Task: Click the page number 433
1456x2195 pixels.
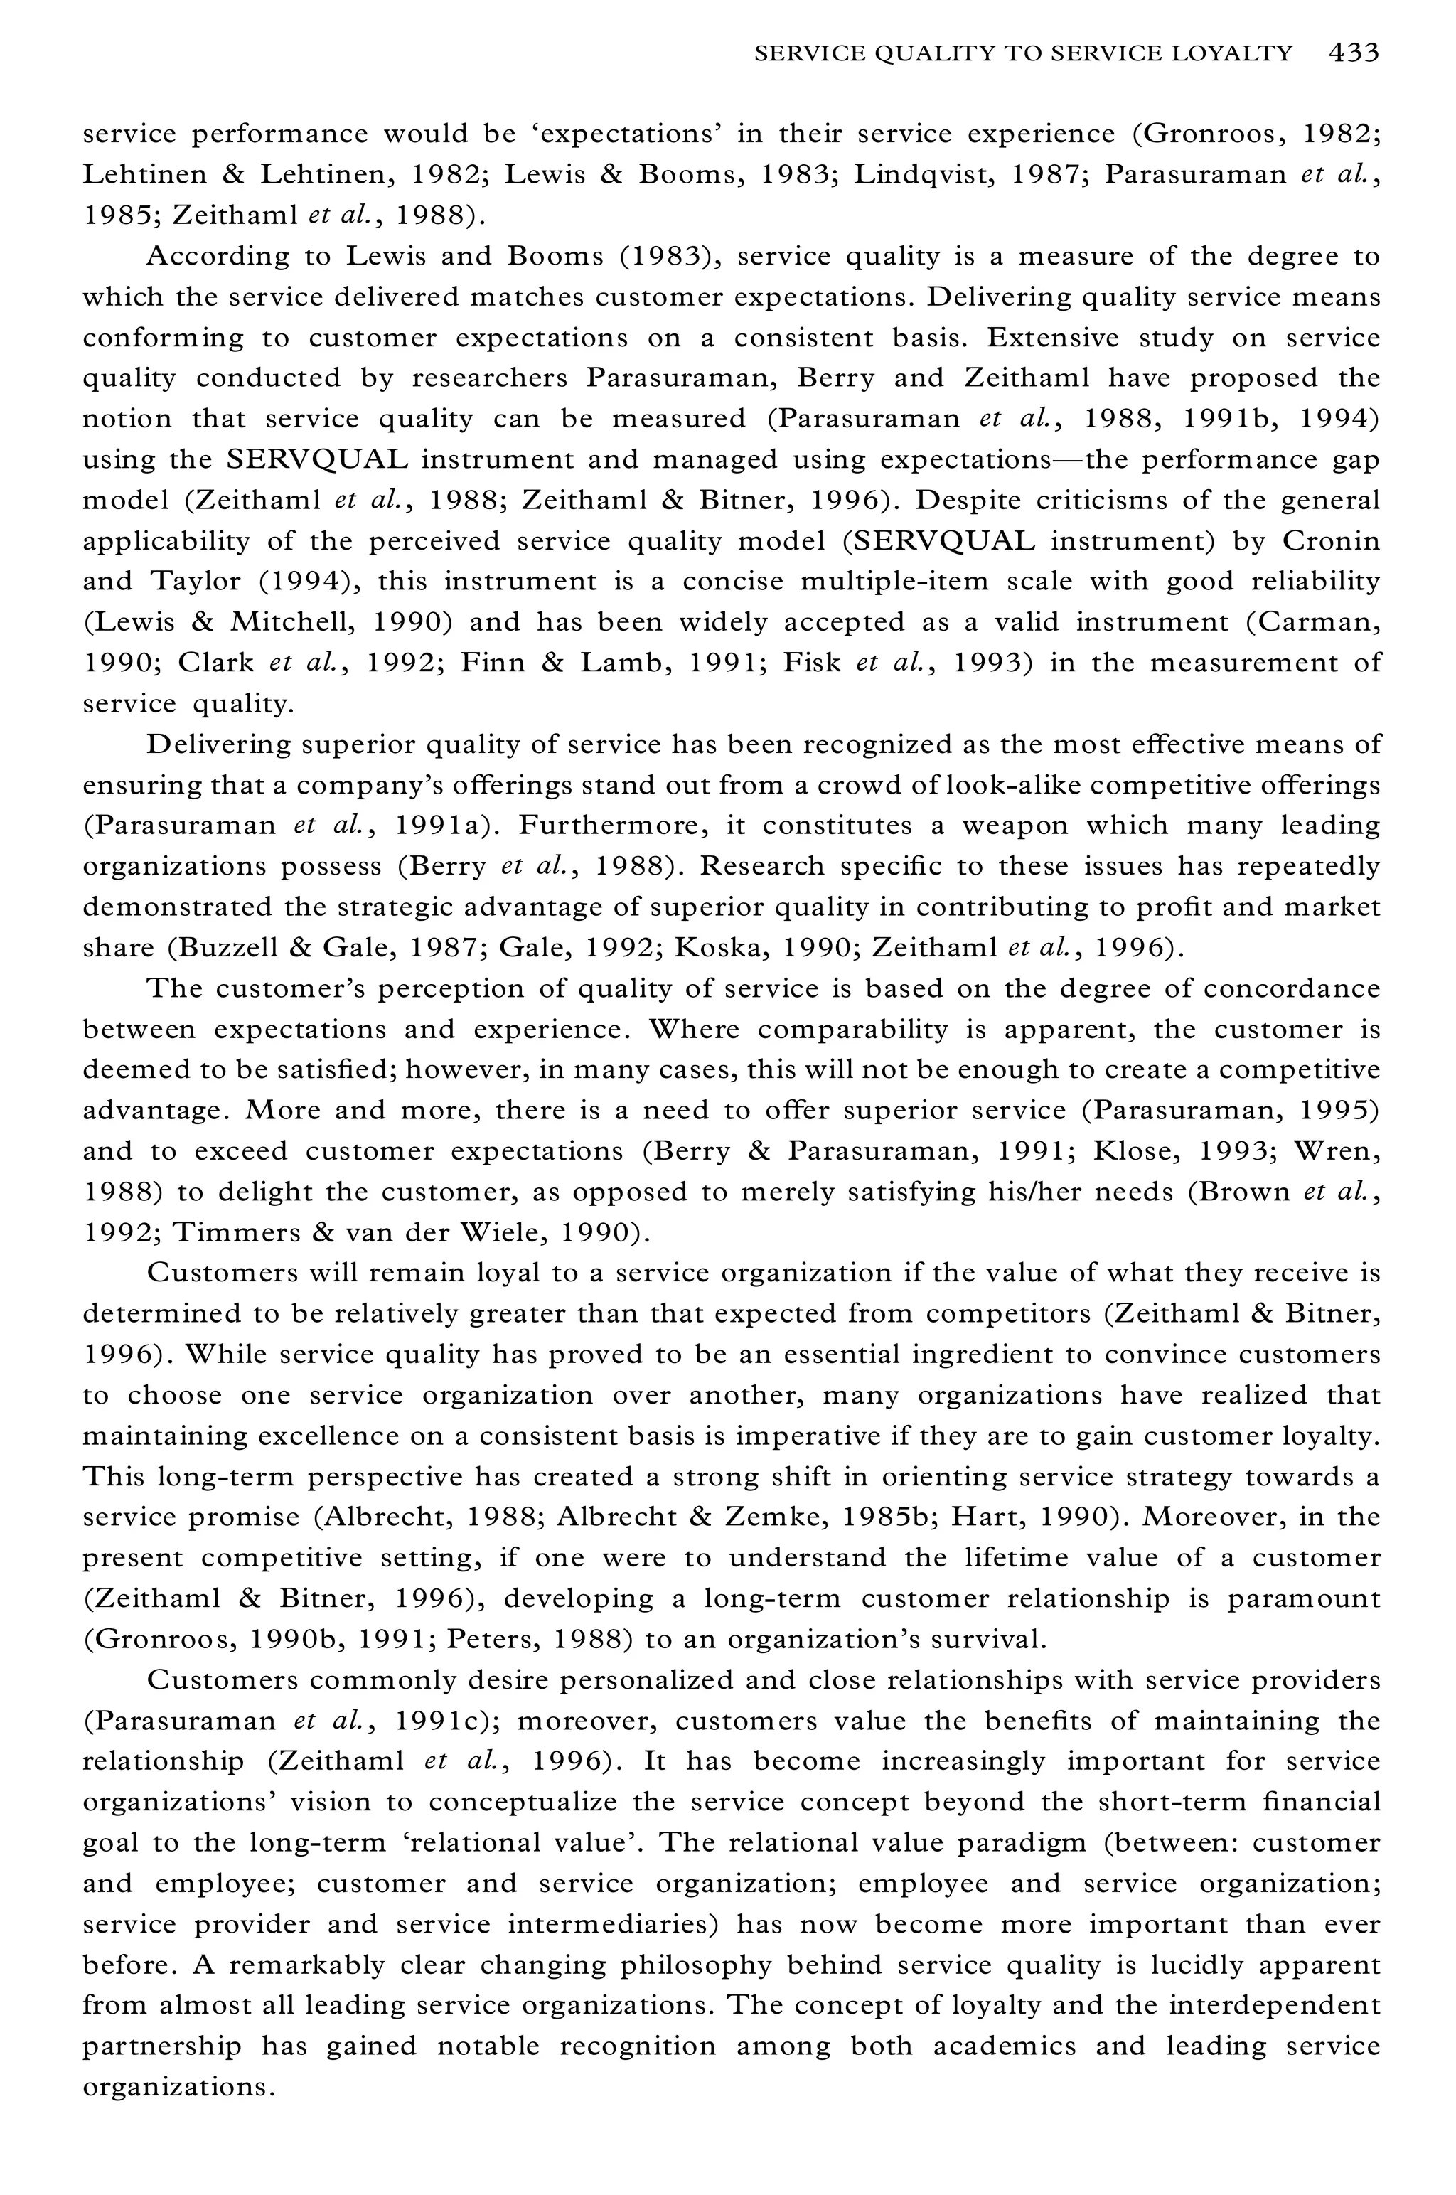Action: (1353, 53)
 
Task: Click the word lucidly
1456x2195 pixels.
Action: (1192, 1965)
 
